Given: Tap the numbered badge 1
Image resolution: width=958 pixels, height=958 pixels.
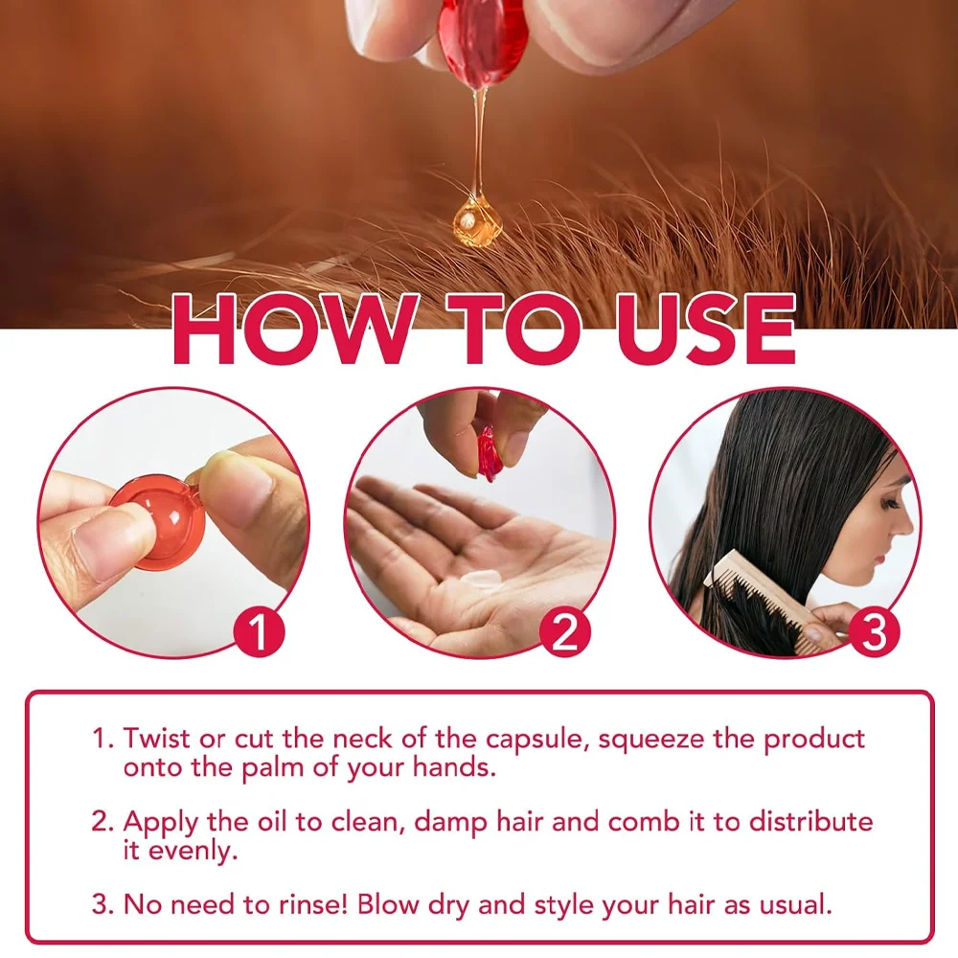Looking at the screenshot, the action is click(x=260, y=631).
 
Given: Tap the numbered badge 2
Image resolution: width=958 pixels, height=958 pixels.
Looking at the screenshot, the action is click(x=564, y=631).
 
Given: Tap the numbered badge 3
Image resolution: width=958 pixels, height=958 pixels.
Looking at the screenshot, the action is click(x=874, y=631).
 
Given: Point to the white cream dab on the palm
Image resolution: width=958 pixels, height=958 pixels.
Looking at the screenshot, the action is click(x=481, y=580).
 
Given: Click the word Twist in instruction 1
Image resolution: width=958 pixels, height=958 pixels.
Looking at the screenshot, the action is click(x=157, y=738).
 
